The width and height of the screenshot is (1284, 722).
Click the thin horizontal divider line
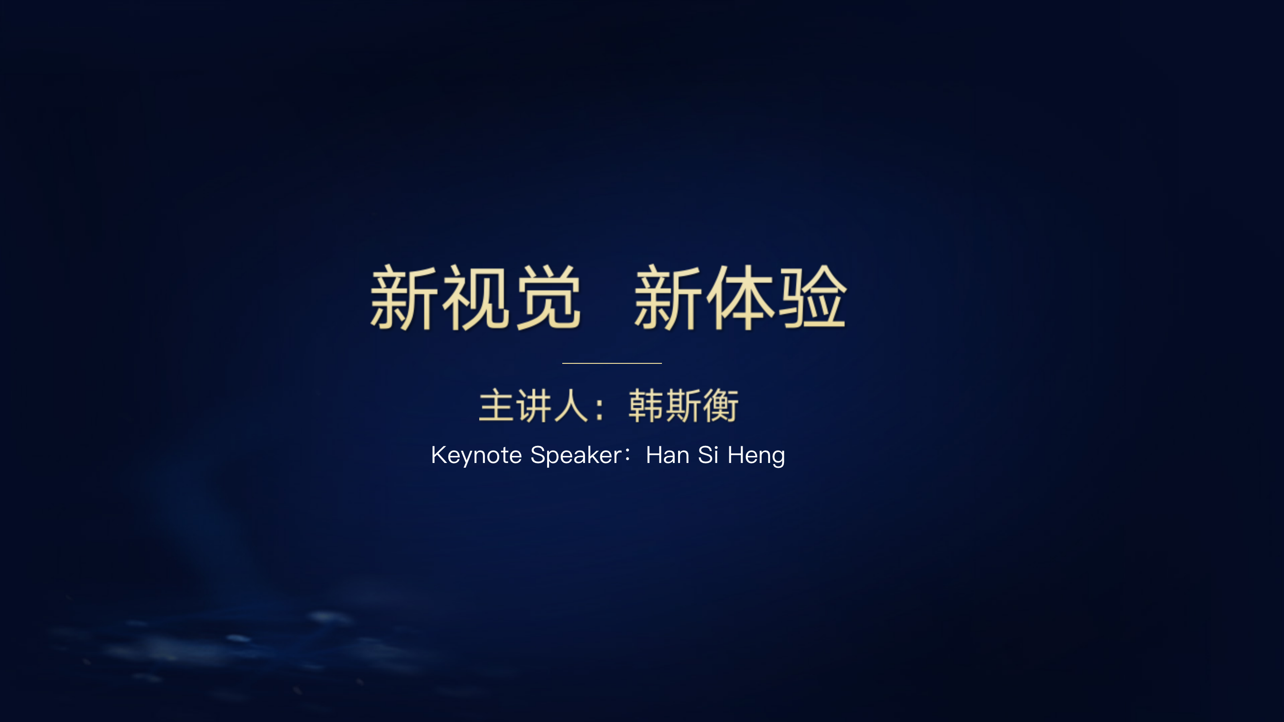point(612,363)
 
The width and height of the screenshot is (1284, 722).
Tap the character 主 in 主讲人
point(497,406)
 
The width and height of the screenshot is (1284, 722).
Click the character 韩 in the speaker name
point(645,406)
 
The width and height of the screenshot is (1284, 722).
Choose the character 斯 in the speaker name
point(683,406)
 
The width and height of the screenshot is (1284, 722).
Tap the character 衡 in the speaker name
point(720,406)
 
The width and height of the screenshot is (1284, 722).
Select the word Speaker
point(576,455)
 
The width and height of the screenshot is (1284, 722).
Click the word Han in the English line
point(668,455)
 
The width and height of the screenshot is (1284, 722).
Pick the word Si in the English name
point(708,454)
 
